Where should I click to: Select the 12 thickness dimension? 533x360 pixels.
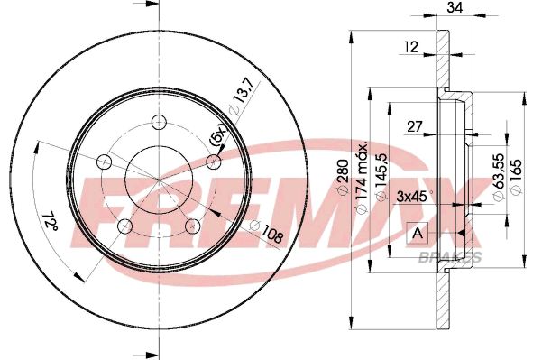point(410,48)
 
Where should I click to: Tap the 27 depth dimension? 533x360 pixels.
point(415,125)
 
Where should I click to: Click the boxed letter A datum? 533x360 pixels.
point(417,233)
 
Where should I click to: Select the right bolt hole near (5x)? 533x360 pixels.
point(214,162)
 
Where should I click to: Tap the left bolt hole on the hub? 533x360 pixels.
point(103,162)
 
